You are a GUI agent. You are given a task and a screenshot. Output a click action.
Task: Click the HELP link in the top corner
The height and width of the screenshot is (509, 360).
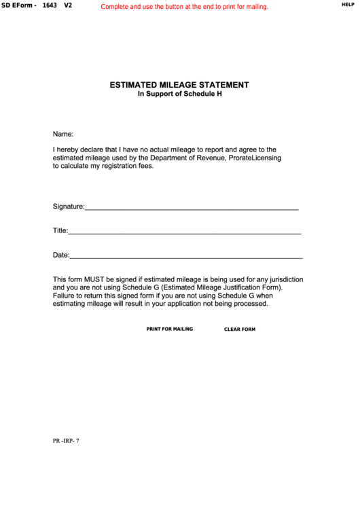[347, 4]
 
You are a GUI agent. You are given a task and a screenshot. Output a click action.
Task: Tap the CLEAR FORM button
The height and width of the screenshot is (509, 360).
[240, 330]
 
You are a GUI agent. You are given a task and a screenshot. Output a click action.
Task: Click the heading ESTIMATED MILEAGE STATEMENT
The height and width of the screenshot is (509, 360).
[179, 85]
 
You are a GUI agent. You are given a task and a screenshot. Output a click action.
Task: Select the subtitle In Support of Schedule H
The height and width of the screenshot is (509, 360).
[180, 94]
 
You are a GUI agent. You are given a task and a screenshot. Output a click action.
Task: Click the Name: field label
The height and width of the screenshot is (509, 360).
[63, 134]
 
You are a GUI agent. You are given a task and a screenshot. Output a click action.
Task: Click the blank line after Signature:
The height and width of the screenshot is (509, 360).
[192, 207]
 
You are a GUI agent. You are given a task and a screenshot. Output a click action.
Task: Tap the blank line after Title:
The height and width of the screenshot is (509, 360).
[185, 231]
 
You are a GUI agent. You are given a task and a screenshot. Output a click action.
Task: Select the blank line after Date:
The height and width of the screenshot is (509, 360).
[186, 256]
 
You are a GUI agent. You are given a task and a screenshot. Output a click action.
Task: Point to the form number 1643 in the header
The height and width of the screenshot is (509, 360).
[50, 5]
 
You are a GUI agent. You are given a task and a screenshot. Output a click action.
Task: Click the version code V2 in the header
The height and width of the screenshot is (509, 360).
[68, 5]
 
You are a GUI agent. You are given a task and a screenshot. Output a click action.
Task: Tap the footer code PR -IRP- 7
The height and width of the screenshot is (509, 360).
[66, 440]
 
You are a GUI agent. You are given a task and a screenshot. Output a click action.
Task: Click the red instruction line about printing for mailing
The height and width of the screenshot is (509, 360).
[185, 7]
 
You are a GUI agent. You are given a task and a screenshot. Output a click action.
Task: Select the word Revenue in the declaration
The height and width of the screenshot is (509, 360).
[210, 157]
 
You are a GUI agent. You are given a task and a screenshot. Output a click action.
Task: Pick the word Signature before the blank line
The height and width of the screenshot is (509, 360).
[68, 206]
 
